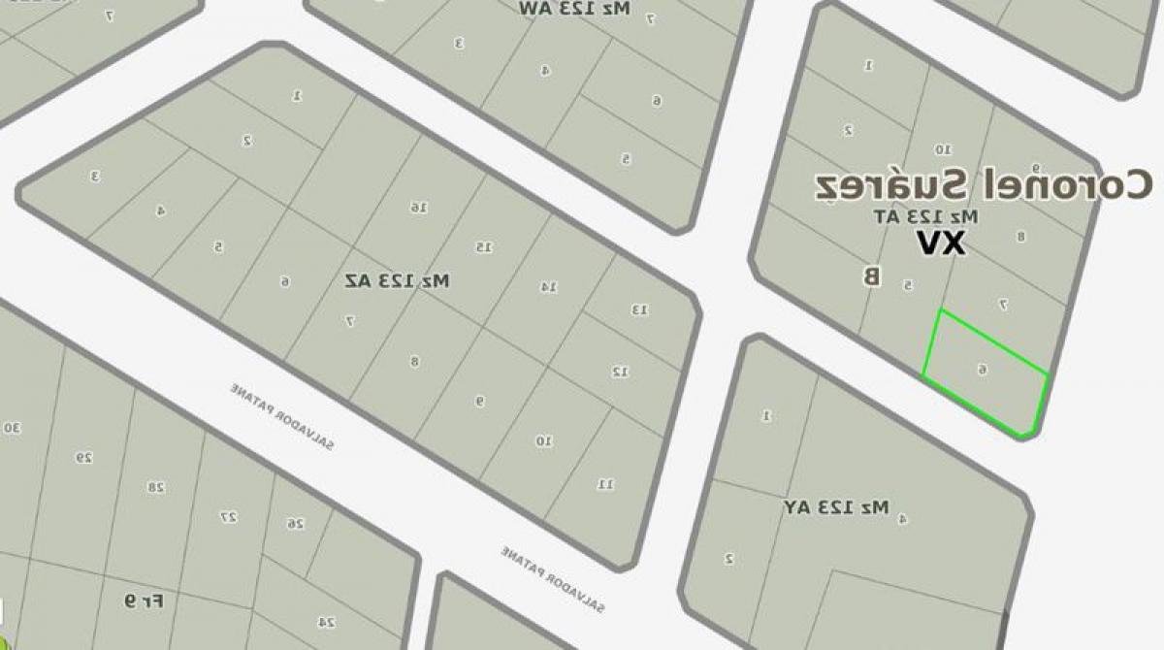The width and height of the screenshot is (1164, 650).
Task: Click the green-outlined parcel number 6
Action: click(983, 370)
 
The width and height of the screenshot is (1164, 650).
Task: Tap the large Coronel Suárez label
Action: click(983, 185)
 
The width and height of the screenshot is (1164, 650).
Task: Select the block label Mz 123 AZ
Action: click(398, 280)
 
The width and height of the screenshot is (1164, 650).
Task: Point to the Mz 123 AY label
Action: click(836, 506)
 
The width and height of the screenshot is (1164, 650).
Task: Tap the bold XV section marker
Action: click(941, 244)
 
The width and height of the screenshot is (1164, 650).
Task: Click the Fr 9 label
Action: click(144, 601)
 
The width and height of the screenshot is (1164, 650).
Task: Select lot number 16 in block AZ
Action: click(418, 207)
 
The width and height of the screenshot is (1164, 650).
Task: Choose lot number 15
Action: click(483, 247)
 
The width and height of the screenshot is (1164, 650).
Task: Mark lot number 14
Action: click(548, 286)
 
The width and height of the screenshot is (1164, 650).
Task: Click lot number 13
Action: click(640, 309)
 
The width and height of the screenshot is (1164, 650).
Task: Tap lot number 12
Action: click(620, 371)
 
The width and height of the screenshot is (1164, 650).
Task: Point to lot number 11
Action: click(604, 483)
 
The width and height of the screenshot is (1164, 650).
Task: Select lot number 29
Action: click(84, 457)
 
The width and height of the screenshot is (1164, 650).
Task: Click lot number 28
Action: click(155, 487)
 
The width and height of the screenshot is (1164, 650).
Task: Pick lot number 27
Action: click(229, 517)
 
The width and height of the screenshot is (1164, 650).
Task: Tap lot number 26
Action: click(295, 523)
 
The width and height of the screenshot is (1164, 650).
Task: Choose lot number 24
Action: click(328, 622)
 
